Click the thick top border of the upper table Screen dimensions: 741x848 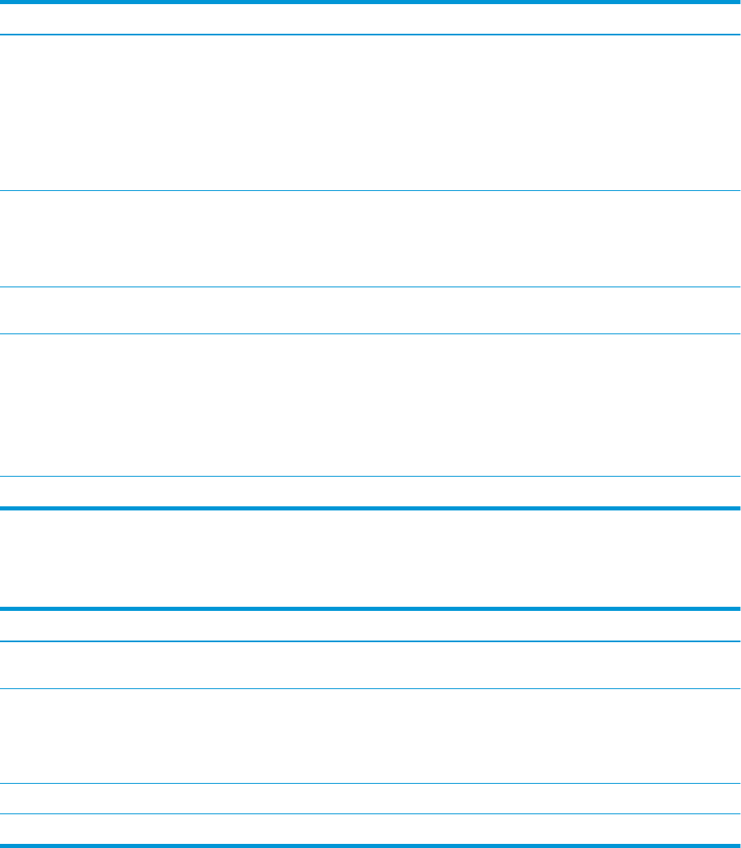pyautogui.click(x=370, y=2)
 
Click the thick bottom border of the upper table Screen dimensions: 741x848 pyautogui.click(x=370, y=508)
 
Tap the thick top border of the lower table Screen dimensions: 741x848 pyautogui.click(x=370, y=608)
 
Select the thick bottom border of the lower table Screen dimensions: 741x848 pyautogui.click(x=370, y=846)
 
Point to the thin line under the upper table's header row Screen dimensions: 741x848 pyautogui.click(x=370, y=35)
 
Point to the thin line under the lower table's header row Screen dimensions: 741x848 pyautogui.click(x=370, y=641)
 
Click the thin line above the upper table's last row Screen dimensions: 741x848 pyautogui.click(x=370, y=477)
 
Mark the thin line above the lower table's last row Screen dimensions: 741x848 pyautogui.click(x=370, y=814)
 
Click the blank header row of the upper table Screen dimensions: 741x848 pyautogui.click(x=370, y=18)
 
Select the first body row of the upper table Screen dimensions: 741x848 pyautogui.click(x=370, y=113)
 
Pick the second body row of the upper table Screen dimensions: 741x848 pyautogui.click(x=370, y=239)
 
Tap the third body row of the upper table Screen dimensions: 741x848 pyautogui.click(x=370, y=310)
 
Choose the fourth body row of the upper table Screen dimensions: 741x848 pyautogui.click(x=370, y=404)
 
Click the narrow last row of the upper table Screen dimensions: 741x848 pyautogui.click(x=370, y=492)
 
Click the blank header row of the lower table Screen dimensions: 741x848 pyautogui.click(x=370, y=626)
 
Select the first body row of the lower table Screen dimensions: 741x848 pyautogui.click(x=370, y=665)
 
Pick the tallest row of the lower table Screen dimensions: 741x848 pyautogui.click(x=370, y=735)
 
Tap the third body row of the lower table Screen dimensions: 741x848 pyautogui.click(x=370, y=799)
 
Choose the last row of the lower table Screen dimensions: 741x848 pyautogui.click(x=370, y=829)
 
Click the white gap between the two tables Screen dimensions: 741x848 pyautogui.click(x=370, y=558)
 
